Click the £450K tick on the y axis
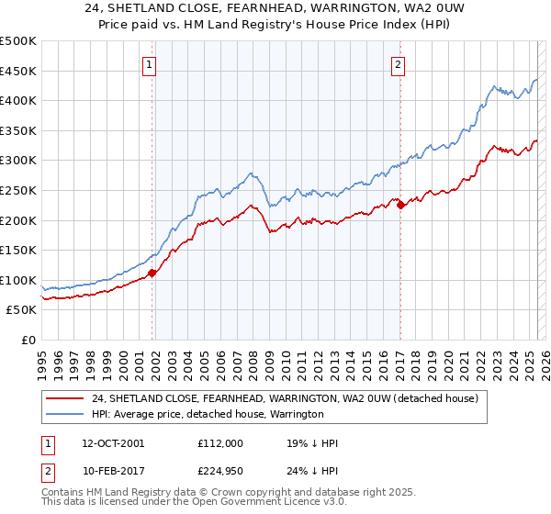click(18, 71)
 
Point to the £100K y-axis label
click(18, 280)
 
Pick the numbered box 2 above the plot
click(399, 64)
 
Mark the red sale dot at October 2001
click(152, 273)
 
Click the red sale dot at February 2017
click(400, 206)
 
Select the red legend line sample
click(66, 399)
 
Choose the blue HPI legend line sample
click(66, 415)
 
